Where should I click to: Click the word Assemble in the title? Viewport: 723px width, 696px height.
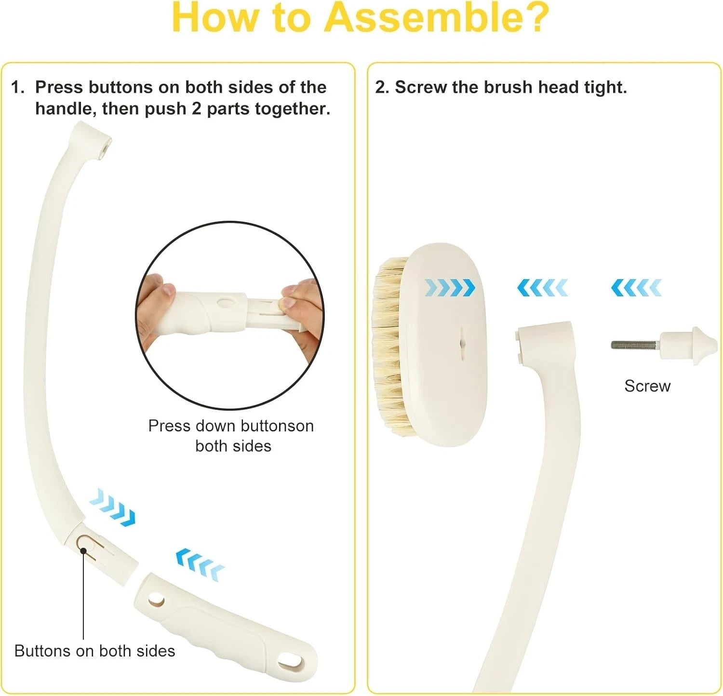436,18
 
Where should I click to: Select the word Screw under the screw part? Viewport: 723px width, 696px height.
647,386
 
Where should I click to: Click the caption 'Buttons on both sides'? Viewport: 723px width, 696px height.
94,651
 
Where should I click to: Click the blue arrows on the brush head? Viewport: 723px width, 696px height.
449,288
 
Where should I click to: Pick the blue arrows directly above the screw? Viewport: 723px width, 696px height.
636,288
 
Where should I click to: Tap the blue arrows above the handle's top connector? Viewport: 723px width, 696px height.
542,288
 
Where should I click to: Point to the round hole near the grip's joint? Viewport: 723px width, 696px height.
156,601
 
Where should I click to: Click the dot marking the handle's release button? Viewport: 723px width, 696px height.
83,550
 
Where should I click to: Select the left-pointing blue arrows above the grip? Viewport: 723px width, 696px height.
200,564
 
